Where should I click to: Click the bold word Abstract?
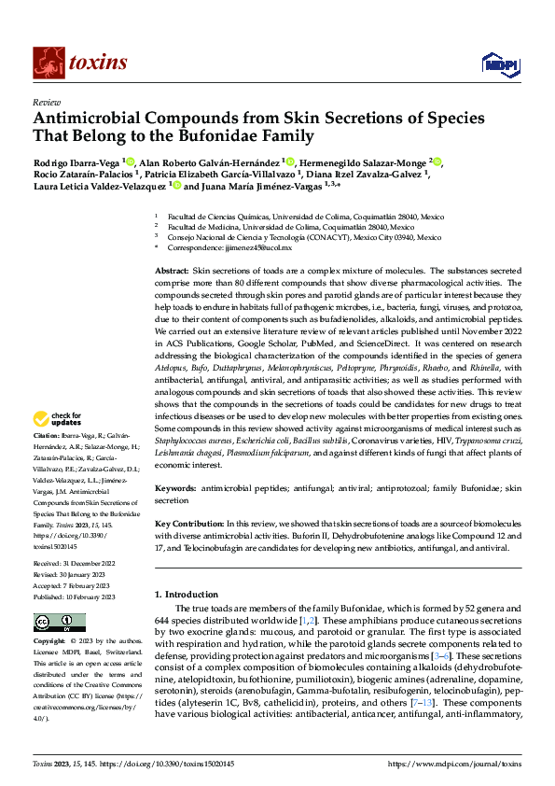(172, 269)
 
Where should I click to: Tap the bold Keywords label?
(175, 488)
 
